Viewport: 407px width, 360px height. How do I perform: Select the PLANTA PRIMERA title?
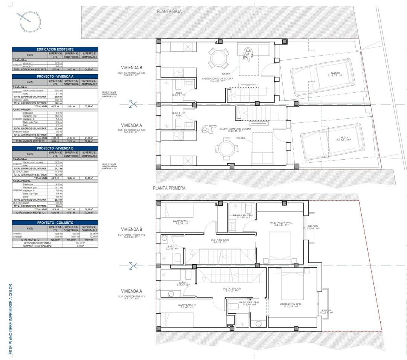169,188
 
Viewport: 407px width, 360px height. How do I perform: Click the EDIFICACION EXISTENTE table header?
55,49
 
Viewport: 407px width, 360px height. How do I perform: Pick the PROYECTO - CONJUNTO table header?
55,223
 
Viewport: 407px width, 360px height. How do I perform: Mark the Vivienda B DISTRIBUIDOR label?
221,241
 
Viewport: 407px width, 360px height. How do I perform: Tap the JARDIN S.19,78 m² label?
335,74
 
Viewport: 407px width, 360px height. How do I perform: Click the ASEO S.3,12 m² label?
179,94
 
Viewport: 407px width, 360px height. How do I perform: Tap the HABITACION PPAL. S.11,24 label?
291,305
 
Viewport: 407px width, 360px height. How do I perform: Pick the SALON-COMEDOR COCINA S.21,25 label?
217,79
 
